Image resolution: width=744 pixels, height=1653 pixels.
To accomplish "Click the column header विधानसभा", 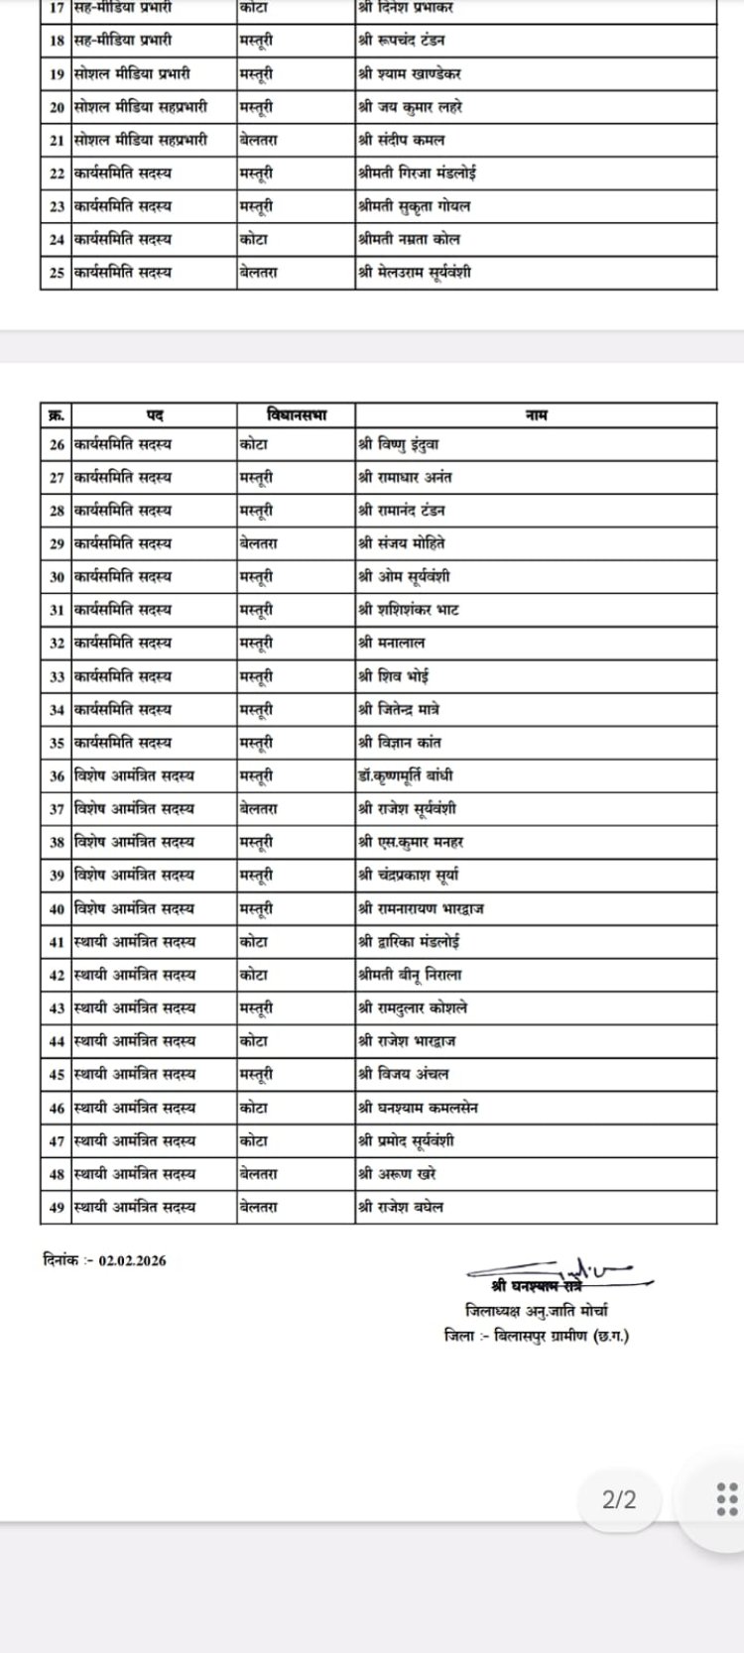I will [296, 415].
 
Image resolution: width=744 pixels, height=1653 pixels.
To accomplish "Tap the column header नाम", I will [536, 415].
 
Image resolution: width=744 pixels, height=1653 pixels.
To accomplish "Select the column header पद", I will [155, 415].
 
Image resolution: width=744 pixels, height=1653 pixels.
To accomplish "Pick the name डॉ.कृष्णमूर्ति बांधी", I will [406, 775].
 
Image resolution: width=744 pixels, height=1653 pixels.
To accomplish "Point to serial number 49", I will [57, 1207].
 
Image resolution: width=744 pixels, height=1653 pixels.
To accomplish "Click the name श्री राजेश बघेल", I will [401, 1207].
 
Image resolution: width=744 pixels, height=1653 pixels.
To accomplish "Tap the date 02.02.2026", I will [132, 1261].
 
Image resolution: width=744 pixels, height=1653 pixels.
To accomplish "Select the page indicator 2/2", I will [619, 1499].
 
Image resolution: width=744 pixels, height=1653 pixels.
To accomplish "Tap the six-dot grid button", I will [726, 1499].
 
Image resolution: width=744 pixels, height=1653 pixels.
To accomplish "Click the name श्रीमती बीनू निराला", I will [410, 975].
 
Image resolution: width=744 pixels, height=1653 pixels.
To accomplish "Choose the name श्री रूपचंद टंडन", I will [402, 41].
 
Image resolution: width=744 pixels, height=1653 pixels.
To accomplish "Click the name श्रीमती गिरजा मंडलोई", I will [417, 173].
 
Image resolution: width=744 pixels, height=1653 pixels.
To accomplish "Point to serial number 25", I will [57, 273].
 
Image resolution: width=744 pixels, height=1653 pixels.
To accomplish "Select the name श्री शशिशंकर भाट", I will [409, 610].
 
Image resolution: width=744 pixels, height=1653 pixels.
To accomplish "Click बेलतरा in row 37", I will [259, 809].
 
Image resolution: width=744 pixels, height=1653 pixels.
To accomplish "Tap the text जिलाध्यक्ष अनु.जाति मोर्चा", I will [537, 1311].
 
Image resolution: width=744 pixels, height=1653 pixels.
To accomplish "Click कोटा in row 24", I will [254, 239].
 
